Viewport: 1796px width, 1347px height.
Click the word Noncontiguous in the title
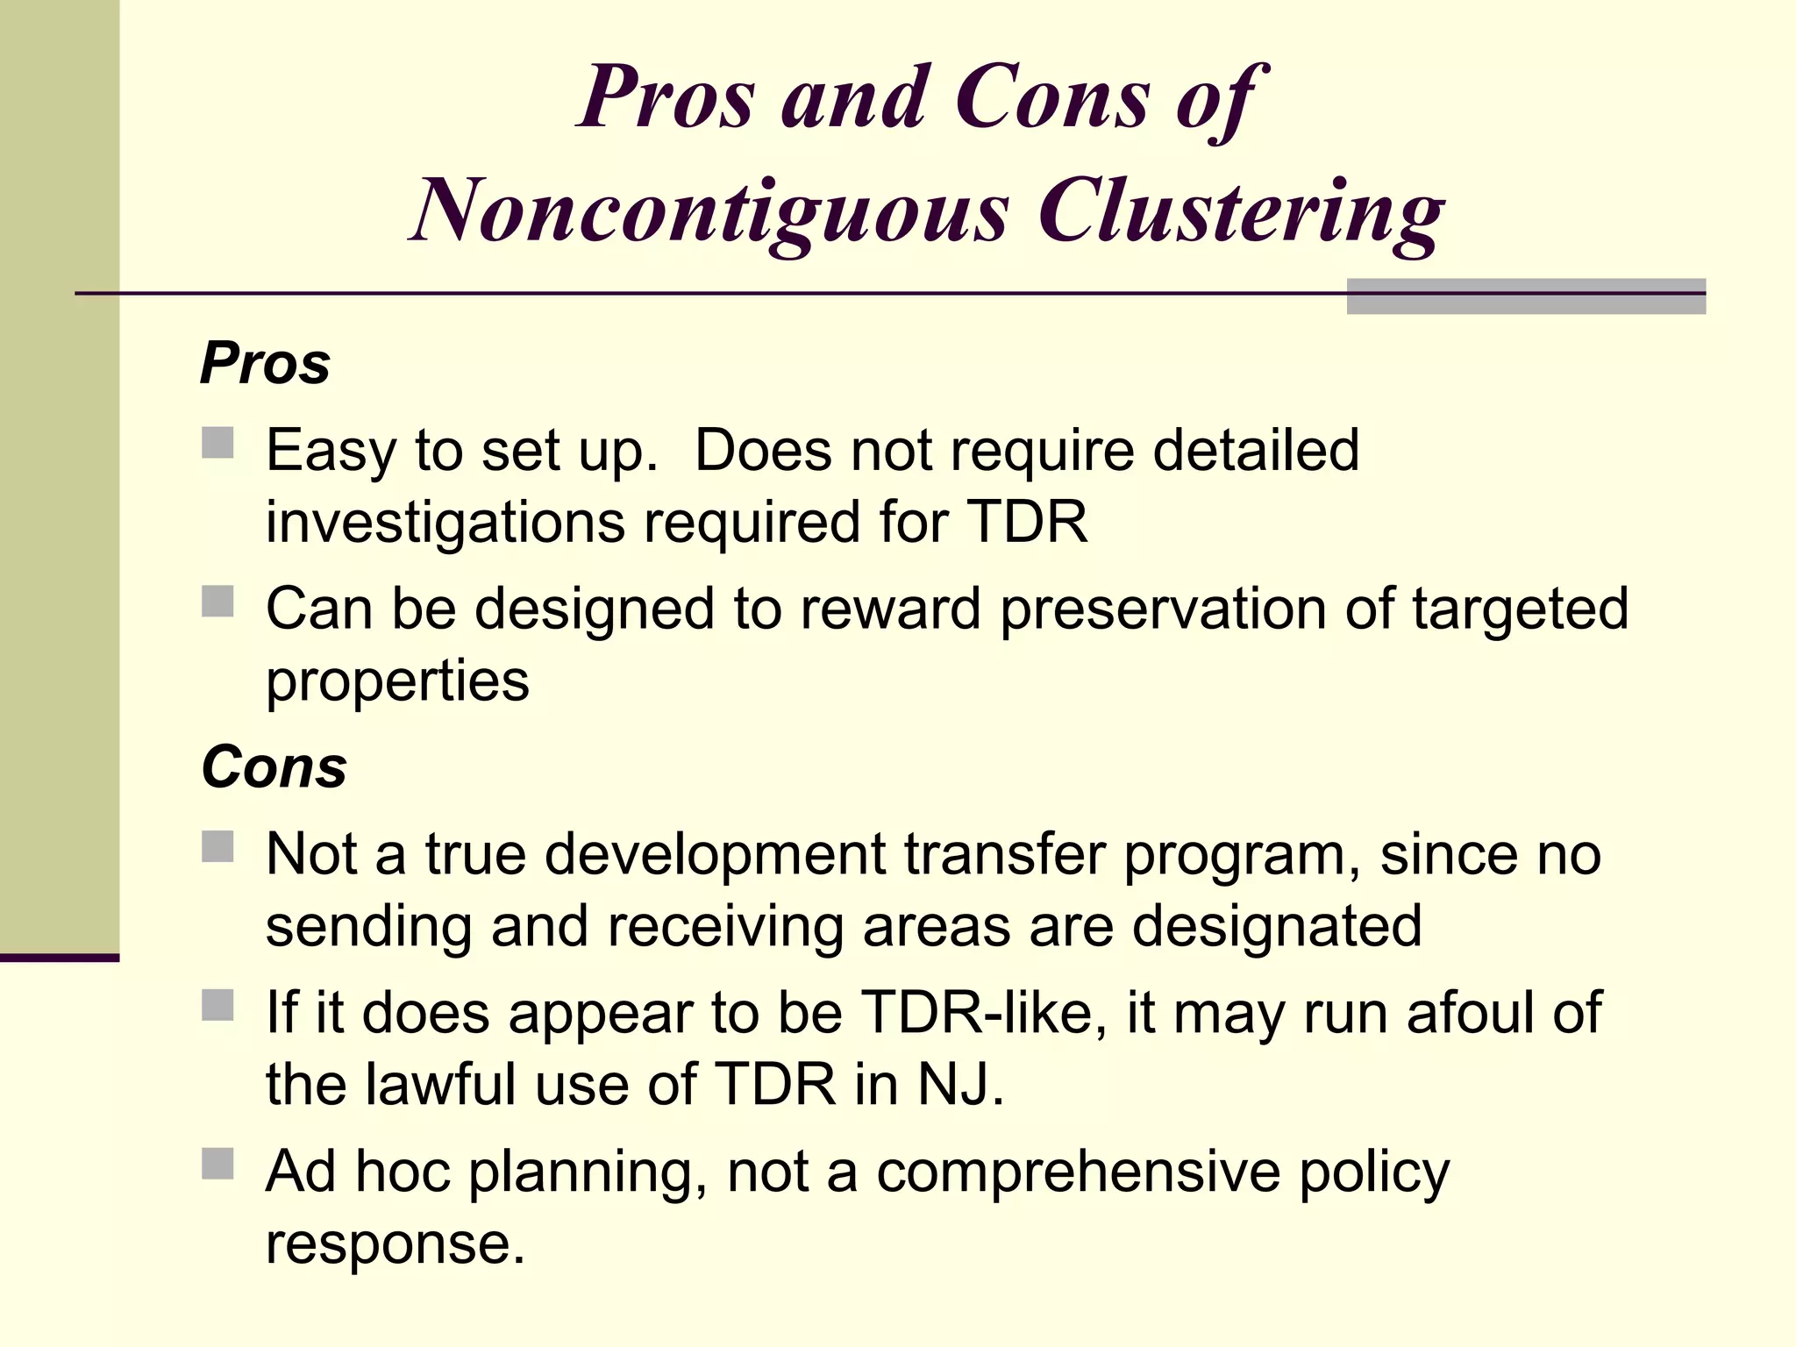711,211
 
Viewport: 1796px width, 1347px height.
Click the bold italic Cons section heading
274,766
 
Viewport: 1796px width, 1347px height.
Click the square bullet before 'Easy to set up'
217,443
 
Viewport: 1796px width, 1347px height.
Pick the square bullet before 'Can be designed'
217,602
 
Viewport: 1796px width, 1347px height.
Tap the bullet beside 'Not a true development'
217,847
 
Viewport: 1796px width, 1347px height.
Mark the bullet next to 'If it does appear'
217,1006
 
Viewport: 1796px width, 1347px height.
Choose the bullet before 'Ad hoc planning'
217,1164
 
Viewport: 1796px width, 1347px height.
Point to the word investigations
445,524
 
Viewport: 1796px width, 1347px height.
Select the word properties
397,681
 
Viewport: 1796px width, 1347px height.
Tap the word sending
368,927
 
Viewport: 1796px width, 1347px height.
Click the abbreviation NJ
959,1085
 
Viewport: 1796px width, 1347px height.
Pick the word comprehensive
1078,1172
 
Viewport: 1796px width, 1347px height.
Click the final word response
395,1244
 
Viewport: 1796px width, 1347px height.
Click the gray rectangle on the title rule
1526,296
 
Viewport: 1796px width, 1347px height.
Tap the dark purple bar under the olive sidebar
60,958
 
